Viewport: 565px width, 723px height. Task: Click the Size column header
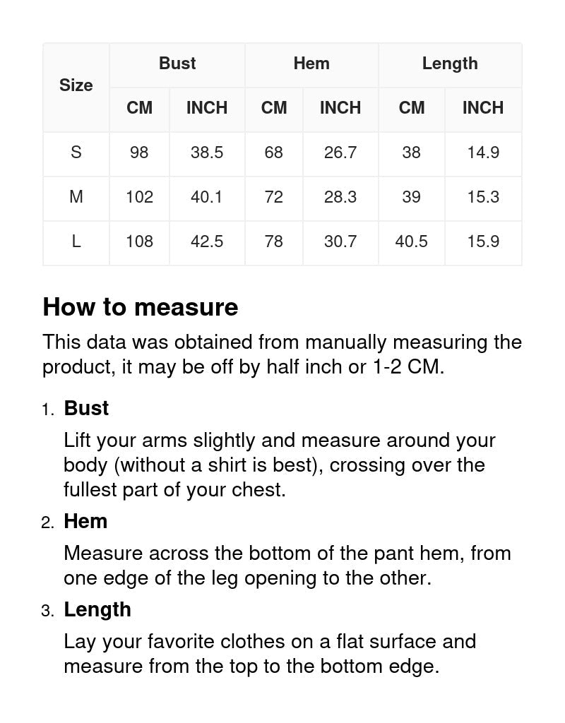(76, 85)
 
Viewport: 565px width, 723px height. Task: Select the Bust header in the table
(177, 64)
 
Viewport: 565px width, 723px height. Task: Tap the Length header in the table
(450, 64)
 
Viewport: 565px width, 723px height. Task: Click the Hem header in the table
(311, 64)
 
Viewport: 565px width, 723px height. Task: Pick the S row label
(76, 153)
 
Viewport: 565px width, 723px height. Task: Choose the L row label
(76, 241)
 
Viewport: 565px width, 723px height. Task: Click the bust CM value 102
(139, 197)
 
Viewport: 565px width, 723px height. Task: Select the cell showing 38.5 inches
(207, 153)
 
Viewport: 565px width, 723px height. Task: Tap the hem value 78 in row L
(273, 241)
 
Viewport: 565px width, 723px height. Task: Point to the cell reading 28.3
(340, 197)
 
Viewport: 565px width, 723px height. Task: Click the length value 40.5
(411, 241)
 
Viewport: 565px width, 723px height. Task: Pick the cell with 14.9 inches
(483, 153)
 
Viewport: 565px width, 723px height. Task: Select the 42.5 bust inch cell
(207, 241)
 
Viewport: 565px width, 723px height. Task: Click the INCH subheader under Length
(483, 108)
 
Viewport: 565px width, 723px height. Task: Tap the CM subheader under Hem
(273, 108)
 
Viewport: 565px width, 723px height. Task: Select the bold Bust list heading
(86, 409)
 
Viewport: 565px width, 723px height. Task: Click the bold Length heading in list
(97, 610)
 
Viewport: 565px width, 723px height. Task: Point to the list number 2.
(47, 523)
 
